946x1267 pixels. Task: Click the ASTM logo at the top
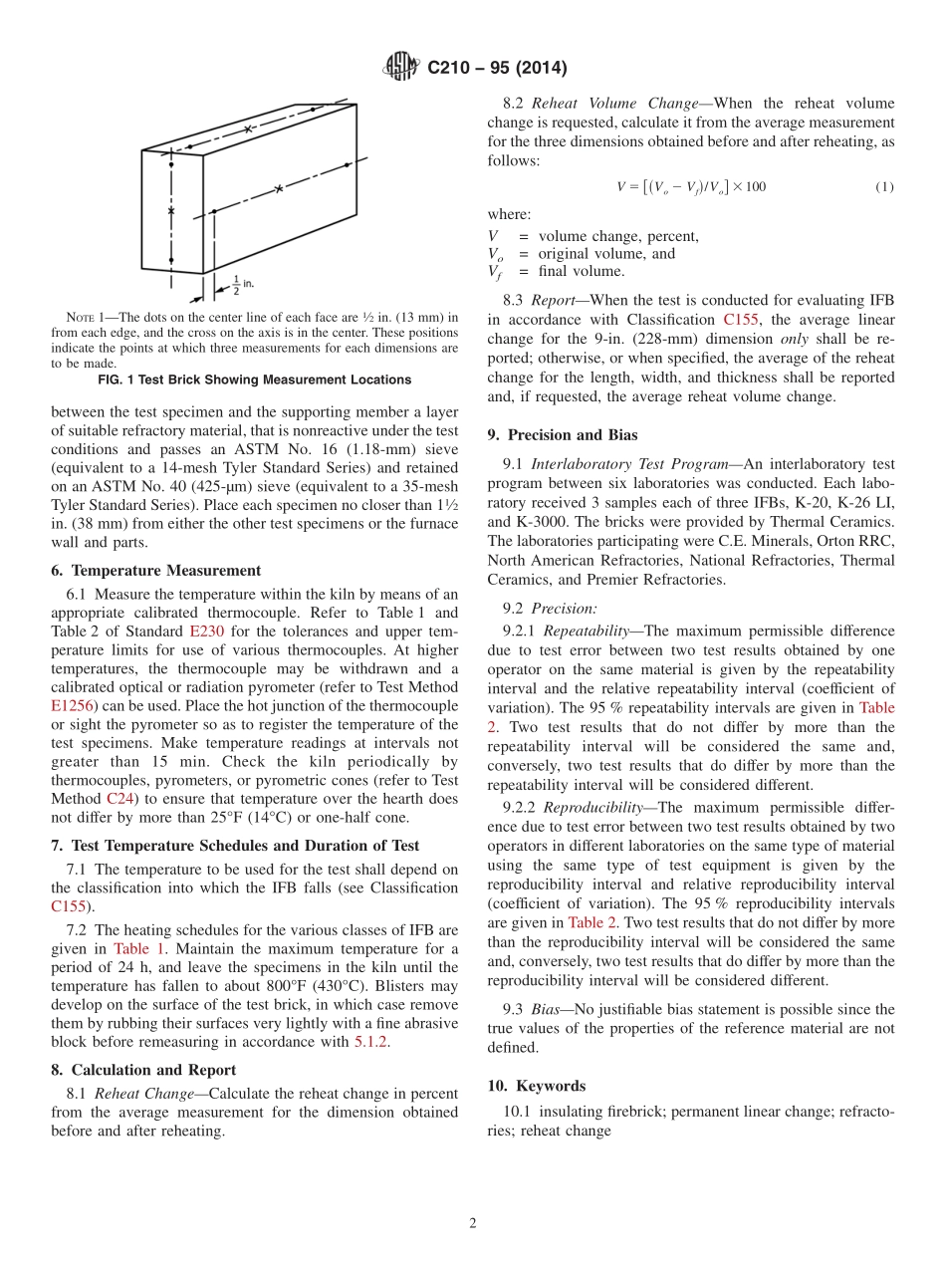point(401,68)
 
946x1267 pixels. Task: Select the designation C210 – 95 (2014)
point(497,69)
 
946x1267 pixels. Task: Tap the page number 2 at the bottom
point(473,1223)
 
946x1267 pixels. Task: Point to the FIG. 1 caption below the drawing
point(255,380)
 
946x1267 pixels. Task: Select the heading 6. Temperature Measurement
point(155,571)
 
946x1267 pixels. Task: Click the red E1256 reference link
point(70,706)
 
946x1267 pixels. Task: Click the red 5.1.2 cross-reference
point(371,1041)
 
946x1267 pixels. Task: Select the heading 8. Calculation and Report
point(143,1070)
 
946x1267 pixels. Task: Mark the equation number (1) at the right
point(884,187)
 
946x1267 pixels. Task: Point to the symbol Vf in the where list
point(495,272)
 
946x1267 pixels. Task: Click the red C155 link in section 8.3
point(740,321)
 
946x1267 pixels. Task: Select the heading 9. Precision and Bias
point(563,434)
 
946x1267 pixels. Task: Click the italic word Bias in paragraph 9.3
point(547,1010)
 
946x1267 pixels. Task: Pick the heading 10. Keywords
point(537,1086)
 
